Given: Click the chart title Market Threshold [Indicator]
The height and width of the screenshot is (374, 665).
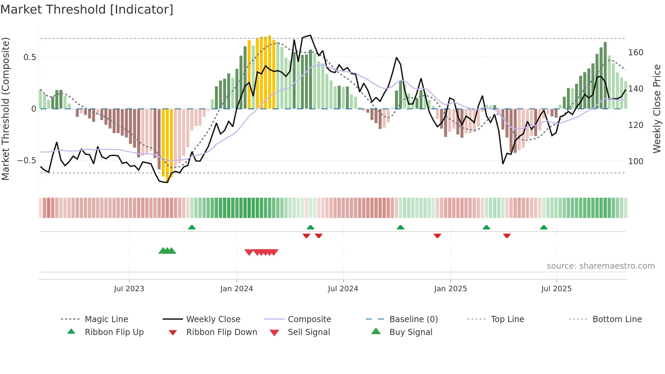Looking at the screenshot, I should [x=87, y=10].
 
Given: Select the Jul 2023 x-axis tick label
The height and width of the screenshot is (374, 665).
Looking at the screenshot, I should [x=129, y=289].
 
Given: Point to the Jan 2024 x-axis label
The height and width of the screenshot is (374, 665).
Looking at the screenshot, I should [x=236, y=289].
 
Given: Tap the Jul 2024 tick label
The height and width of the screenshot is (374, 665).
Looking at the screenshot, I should [x=343, y=289].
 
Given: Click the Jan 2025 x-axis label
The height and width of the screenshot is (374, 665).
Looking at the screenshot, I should [x=450, y=289].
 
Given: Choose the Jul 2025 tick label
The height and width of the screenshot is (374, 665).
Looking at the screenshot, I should [x=556, y=289].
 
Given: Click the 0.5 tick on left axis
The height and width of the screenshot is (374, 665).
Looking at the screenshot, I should [x=30, y=57].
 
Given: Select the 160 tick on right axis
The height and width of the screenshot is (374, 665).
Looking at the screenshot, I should [x=635, y=53].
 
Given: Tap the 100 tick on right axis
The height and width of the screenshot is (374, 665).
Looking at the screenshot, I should [x=635, y=162].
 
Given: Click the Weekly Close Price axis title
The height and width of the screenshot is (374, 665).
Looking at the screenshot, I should [x=657, y=109].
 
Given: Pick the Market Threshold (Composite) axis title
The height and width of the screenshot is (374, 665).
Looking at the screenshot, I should [x=5, y=109].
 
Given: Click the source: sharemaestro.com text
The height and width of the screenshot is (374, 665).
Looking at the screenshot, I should [x=601, y=266].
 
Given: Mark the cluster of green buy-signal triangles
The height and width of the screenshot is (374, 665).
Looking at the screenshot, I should [x=167, y=251].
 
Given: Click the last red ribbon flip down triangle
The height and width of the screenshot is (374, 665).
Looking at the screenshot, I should [x=507, y=236].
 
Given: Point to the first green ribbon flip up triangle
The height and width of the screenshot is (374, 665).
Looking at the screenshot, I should [x=192, y=227].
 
